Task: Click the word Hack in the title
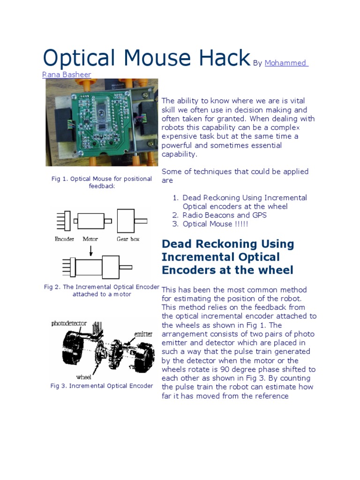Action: click(x=221, y=58)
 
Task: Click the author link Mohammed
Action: click(x=285, y=63)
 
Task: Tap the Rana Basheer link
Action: click(x=67, y=75)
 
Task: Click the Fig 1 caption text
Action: click(x=102, y=182)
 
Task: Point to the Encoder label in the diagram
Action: click(x=65, y=239)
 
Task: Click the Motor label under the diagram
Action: click(x=90, y=239)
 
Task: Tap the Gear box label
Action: click(x=128, y=239)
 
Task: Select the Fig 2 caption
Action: click(x=102, y=291)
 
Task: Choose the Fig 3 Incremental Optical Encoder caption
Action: click(x=102, y=386)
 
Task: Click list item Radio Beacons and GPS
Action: click(x=225, y=215)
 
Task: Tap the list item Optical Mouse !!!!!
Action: click(x=215, y=224)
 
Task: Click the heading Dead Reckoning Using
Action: click(x=228, y=244)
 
